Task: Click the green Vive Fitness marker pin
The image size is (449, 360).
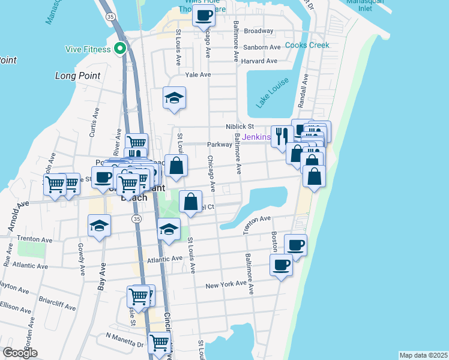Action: point(121,49)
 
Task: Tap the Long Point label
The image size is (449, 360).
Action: point(77,76)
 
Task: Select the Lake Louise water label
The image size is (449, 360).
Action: point(272,93)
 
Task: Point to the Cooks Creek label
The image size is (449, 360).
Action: point(307,45)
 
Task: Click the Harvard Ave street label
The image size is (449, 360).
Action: point(260,61)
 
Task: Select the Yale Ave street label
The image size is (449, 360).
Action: point(198,74)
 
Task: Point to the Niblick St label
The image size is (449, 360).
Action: point(240,126)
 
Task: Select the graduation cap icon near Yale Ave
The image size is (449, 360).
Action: point(175,98)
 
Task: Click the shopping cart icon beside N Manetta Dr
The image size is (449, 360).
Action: point(159,343)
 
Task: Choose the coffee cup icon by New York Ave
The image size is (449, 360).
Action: point(280,265)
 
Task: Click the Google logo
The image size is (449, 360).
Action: point(20,353)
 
